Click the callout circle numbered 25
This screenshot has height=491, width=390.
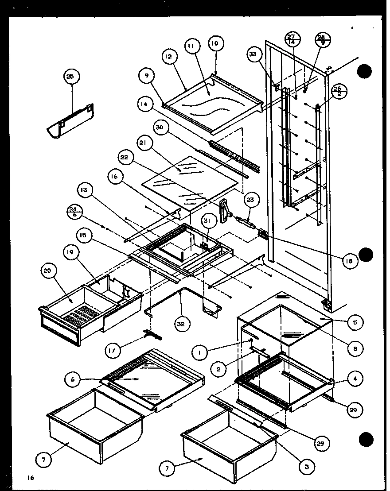coord(70,77)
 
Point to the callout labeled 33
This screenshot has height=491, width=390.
coord(253,54)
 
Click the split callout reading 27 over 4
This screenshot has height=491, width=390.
coord(292,39)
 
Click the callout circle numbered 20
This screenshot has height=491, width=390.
coord(47,272)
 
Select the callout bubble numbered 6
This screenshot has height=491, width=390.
coord(73,379)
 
